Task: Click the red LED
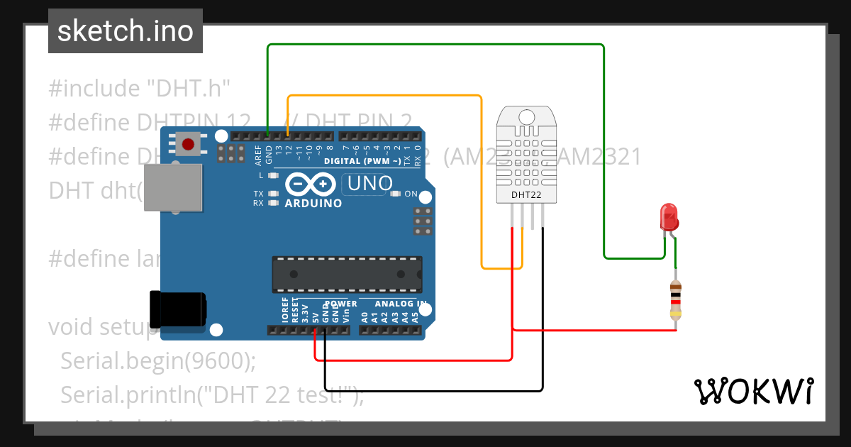669,216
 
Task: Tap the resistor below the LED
676,299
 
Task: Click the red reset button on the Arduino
188,145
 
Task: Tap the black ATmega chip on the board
347,274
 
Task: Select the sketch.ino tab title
126,31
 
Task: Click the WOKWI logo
753,391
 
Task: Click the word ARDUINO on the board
313,203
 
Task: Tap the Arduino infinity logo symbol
311,184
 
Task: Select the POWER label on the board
335,304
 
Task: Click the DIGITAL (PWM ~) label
362,161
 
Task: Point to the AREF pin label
259,155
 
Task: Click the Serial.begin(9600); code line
157,361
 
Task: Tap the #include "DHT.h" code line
140,89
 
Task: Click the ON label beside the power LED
411,193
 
